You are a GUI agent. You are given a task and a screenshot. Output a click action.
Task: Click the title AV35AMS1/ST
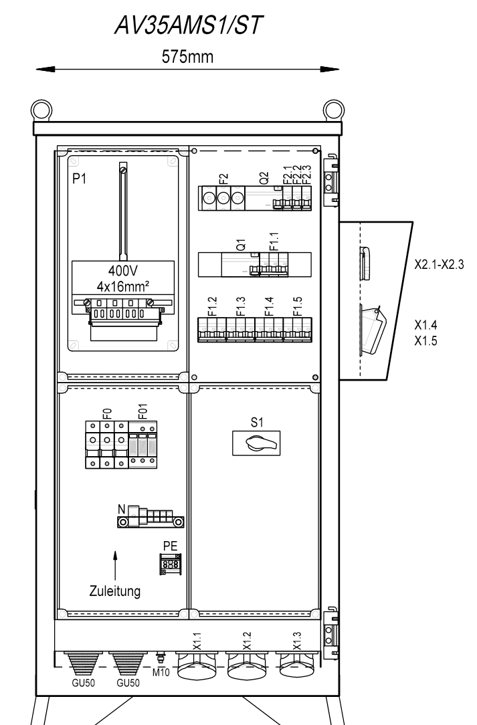point(188,25)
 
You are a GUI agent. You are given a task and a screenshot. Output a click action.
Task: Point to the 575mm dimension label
point(187,57)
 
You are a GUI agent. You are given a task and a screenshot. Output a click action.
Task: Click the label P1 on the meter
point(80,179)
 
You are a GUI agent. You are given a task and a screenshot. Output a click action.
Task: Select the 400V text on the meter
point(123,270)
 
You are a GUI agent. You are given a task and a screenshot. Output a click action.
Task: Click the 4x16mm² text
point(122,286)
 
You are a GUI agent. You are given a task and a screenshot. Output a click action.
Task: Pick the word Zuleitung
point(115,591)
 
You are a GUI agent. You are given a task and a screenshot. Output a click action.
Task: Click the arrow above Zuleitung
point(115,565)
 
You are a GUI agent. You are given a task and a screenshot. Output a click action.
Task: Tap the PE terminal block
point(170,564)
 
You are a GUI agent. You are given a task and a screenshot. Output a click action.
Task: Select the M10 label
point(161,672)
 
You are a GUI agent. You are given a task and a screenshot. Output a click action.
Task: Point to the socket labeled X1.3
point(296,666)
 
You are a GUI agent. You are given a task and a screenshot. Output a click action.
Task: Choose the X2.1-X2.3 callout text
point(439,265)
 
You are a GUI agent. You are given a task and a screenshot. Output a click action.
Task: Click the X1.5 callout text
point(425,341)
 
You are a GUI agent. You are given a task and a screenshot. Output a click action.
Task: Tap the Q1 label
point(241,244)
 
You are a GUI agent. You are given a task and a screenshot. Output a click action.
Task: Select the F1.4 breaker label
point(269,306)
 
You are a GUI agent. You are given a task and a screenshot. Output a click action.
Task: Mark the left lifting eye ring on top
point(41,110)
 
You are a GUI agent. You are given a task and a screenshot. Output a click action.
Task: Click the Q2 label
point(264,178)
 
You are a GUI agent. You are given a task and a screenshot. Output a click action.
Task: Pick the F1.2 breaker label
point(212,306)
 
